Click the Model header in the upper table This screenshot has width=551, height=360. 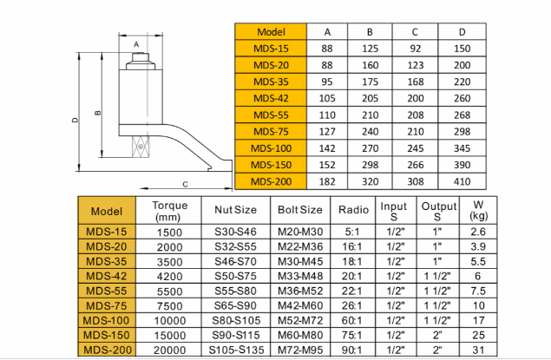pos(271,31)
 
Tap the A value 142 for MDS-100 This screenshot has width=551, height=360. pos(327,149)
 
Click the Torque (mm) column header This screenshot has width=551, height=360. pos(169,210)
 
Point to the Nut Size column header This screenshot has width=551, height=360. pos(234,210)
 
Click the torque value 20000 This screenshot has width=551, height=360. pos(169,349)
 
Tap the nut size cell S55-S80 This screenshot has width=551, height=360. pos(234,290)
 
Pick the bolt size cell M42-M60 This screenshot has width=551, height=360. pos(299,304)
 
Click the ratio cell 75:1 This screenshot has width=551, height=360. pos(352,334)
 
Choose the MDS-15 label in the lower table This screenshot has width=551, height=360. pos(107,232)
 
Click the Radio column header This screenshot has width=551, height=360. pos(353,210)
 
